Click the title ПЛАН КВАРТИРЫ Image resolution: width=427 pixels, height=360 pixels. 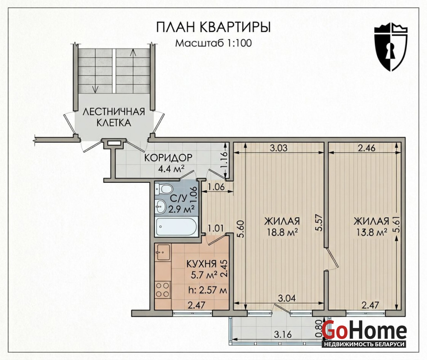213,27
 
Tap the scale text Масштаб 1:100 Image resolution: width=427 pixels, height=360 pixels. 213,43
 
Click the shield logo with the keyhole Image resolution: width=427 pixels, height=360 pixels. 391,47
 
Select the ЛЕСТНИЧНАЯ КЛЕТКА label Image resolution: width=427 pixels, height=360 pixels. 114,117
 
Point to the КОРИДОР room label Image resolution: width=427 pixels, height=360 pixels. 168,157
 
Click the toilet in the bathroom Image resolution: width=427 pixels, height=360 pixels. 164,189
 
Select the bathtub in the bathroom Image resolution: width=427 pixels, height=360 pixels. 177,227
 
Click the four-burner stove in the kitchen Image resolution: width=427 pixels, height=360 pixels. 163,289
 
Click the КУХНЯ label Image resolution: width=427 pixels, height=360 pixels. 201,264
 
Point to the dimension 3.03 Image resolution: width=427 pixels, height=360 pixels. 279,148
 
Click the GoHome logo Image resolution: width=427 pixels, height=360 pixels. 364,333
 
